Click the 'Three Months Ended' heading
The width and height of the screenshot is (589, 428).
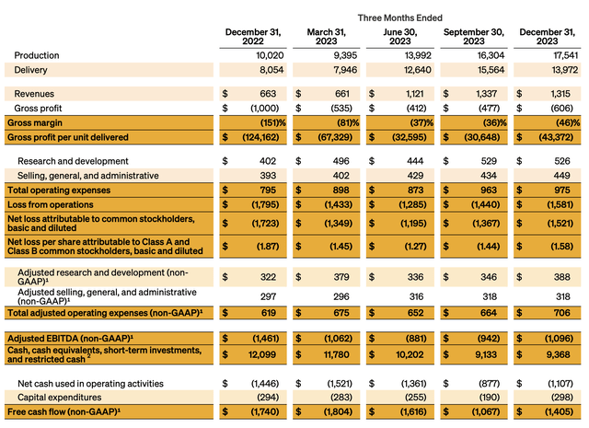pos(402,17)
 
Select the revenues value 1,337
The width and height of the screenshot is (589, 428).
pos(489,93)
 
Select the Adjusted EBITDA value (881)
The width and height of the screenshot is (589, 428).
pos(416,338)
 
